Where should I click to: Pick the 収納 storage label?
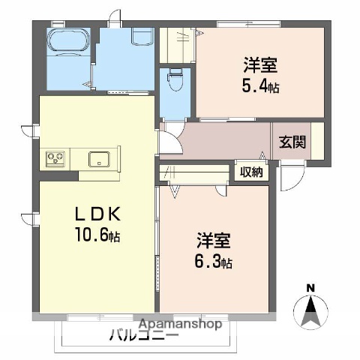(x=250, y=172)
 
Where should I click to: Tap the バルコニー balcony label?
(x=142, y=335)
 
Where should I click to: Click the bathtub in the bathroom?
(x=67, y=44)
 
